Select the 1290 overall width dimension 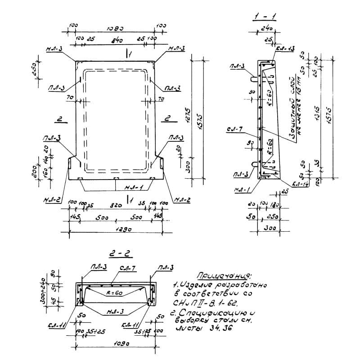coord(116,229)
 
